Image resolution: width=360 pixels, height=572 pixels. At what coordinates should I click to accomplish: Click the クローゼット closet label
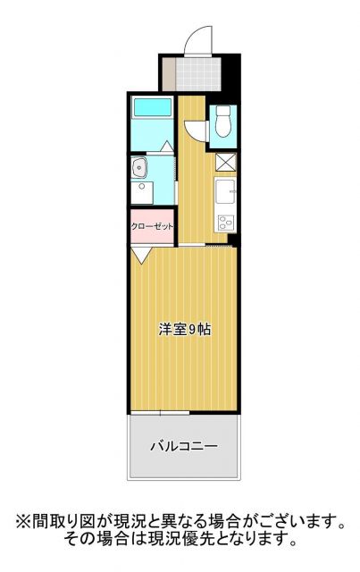point(153,227)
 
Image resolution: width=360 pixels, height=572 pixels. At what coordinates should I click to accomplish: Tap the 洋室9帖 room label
point(185,329)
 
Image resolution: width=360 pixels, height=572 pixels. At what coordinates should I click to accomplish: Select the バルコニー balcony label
point(184,445)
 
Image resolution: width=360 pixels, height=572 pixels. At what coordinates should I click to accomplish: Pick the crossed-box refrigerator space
point(224,162)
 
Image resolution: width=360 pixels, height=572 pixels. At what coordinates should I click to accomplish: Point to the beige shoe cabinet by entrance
point(166,72)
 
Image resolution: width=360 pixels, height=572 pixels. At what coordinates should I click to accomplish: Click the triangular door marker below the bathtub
point(166,146)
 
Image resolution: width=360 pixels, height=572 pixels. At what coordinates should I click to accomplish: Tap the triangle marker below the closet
point(141,256)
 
